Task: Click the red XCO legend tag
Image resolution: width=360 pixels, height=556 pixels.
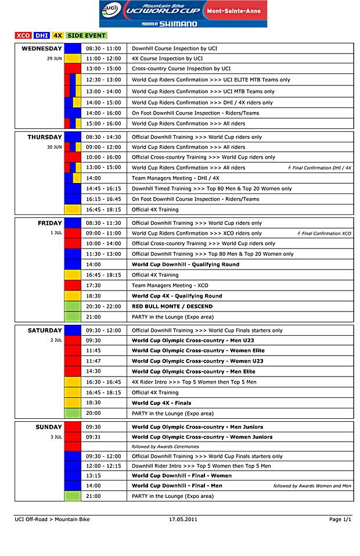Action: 23,35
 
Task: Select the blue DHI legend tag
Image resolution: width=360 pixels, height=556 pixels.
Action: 42,35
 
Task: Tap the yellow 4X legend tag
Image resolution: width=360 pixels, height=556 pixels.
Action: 58,35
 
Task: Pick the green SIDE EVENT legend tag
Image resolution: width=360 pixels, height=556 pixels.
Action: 87,35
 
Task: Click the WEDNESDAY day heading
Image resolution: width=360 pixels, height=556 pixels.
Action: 42,48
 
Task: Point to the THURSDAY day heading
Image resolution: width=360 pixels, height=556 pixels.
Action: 45,137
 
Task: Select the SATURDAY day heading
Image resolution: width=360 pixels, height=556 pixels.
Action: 45,331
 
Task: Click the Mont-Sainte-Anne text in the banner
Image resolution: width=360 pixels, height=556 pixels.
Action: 235,10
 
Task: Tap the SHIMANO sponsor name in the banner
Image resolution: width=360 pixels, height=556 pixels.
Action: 178,24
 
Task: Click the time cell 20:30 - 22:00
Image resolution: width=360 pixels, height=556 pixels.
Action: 104,307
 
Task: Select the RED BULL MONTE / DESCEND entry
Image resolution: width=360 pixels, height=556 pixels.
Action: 172,307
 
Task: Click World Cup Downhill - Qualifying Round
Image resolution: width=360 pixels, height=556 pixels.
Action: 185,265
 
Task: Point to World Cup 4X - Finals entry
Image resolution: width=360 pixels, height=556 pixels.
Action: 161,403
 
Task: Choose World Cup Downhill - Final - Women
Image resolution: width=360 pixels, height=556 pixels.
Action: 182,475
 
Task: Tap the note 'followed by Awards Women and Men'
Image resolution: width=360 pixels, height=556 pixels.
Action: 312,486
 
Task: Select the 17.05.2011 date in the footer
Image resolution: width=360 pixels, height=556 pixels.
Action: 183,519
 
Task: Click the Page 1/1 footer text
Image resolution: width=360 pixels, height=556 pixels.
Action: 340,519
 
